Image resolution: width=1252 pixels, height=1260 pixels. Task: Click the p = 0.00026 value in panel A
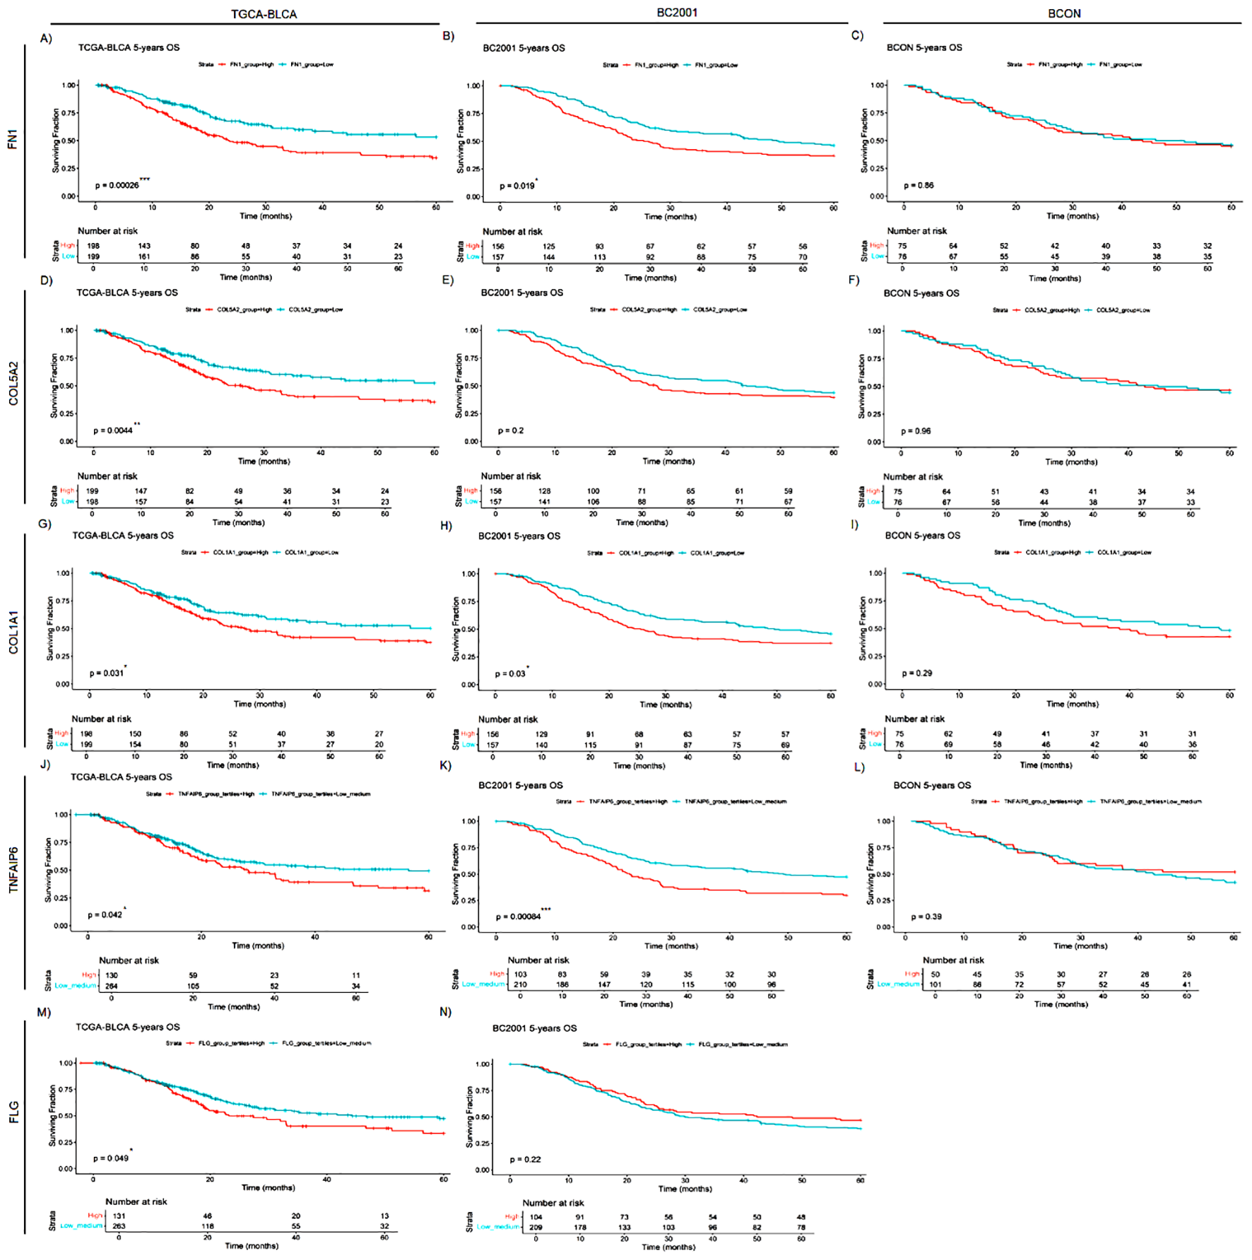[x=117, y=185]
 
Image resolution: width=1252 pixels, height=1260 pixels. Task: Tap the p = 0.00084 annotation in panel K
[x=519, y=917]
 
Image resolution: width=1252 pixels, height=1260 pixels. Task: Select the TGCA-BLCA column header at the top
[x=264, y=14]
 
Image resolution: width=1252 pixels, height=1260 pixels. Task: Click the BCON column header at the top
[x=1064, y=13]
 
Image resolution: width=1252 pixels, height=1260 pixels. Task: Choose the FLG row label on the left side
[x=13, y=1112]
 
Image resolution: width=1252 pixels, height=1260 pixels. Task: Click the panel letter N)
[x=445, y=1012]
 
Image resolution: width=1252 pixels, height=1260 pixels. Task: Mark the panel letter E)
[x=447, y=281]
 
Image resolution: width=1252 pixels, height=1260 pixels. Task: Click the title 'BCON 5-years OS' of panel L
[x=932, y=785]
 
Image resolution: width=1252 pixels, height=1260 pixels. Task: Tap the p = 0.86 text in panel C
[x=919, y=185]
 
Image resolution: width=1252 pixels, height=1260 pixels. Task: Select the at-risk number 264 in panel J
[x=112, y=986]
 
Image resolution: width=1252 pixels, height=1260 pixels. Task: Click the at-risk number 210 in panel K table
[x=520, y=984]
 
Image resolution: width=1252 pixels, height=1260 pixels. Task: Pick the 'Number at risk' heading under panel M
[x=136, y=1201]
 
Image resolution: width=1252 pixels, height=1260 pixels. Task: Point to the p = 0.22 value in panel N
[x=526, y=1160]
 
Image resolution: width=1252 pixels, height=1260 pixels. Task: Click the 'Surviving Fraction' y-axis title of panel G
[x=50, y=629]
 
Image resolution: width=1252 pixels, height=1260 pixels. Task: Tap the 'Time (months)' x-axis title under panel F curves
[x=1071, y=461]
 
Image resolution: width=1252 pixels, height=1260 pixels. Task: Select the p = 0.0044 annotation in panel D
[x=113, y=430]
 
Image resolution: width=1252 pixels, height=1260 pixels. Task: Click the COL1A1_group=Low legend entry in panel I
[x=1123, y=553]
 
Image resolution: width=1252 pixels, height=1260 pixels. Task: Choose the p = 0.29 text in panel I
[x=917, y=673]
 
